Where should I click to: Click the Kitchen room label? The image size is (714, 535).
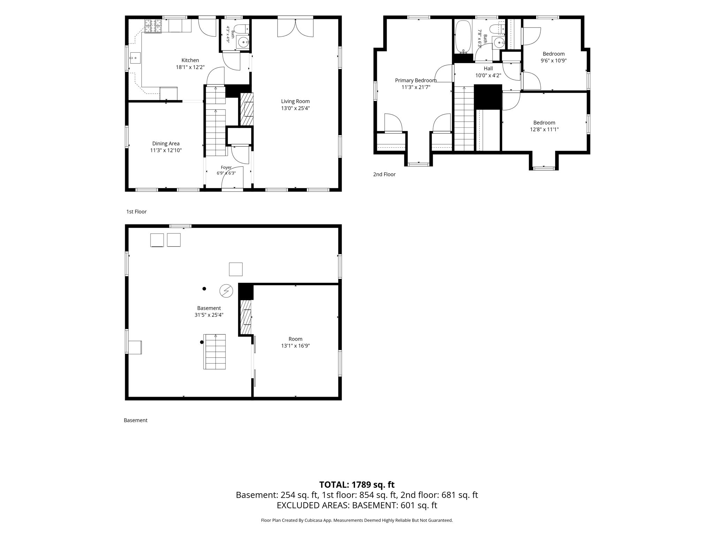190,60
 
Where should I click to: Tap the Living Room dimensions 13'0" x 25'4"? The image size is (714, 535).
295,108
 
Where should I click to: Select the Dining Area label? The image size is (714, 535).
166,144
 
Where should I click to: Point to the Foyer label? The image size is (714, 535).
226,168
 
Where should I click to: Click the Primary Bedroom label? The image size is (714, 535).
416,80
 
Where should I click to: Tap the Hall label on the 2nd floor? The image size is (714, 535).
488,69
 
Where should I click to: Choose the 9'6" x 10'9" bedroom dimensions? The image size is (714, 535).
554,61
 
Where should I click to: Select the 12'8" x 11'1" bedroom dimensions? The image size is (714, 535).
544,130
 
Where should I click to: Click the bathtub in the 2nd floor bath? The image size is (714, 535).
463,37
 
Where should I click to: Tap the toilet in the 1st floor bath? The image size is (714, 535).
241,29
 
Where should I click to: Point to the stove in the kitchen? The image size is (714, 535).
153,26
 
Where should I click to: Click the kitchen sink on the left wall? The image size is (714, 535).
135,58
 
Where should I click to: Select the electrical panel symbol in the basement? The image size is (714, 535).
226,291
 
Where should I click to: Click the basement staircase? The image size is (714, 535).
215,351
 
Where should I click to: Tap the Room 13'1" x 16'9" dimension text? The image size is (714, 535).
295,346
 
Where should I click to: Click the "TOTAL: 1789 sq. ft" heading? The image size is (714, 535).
357,484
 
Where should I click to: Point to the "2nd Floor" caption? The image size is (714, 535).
384,174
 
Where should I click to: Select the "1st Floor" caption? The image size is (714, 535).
136,211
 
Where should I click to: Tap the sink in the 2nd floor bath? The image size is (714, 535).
499,43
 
